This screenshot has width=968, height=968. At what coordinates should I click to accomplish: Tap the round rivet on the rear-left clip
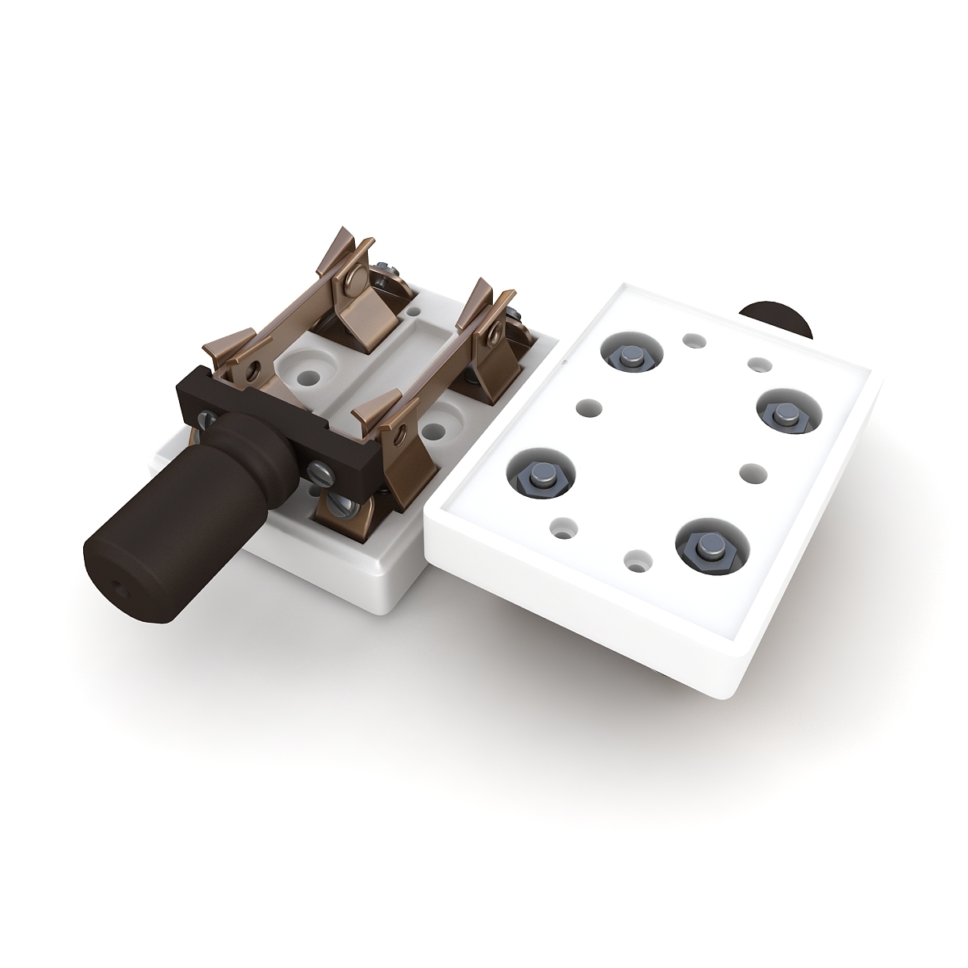[352, 282]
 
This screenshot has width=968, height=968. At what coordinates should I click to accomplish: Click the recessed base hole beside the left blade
[307, 375]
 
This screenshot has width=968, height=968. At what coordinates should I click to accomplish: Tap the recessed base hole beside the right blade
[438, 430]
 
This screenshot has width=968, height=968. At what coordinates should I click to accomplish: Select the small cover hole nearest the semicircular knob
[757, 365]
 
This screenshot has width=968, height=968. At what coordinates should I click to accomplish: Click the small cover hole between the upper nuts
[692, 341]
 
